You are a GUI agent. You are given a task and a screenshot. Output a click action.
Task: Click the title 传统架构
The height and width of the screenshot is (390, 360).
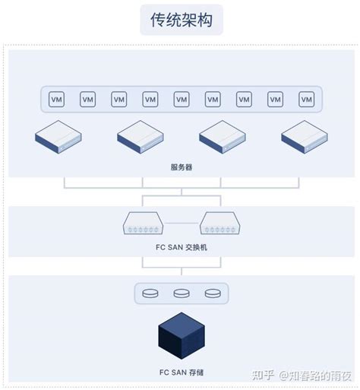coord(182,20)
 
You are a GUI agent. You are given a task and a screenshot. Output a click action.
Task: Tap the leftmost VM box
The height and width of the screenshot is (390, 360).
coord(56,100)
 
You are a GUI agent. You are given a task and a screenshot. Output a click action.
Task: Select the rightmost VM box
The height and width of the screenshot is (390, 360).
coord(306,100)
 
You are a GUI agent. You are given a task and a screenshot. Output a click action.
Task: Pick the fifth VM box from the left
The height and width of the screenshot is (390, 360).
coord(182,100)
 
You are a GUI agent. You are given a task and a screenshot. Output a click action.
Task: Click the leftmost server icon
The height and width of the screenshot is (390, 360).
coord(58,136)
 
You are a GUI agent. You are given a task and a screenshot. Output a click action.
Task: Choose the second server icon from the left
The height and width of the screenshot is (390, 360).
coord(141,136)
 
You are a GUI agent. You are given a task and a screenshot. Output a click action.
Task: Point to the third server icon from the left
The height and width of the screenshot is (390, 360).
coord(223,136)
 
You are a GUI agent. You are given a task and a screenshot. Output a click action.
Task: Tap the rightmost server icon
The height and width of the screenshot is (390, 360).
coord(305,136)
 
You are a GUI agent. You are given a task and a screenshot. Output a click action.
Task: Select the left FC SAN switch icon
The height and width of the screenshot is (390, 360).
coord(143,224)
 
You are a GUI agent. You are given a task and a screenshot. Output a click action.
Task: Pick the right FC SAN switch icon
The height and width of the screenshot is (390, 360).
coord(220,224)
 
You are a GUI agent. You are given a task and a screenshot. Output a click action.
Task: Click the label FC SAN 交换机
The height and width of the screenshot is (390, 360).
coord(181,247)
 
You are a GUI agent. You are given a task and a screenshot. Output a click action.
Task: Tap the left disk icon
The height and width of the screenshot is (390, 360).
coord(150,293)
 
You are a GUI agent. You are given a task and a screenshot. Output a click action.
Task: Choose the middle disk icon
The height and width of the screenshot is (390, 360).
coord(181,293)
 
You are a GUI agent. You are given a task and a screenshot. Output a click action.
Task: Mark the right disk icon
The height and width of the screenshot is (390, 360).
coord(212,293)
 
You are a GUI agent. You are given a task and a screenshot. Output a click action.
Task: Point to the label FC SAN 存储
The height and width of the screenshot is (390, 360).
coord(181,373)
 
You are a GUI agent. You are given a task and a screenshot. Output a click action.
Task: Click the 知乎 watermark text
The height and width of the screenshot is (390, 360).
coord(263,375)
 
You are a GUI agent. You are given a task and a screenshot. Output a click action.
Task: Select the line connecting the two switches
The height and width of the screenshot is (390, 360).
coord(182,224)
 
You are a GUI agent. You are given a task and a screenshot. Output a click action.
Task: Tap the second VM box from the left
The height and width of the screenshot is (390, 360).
coord(87,100)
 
